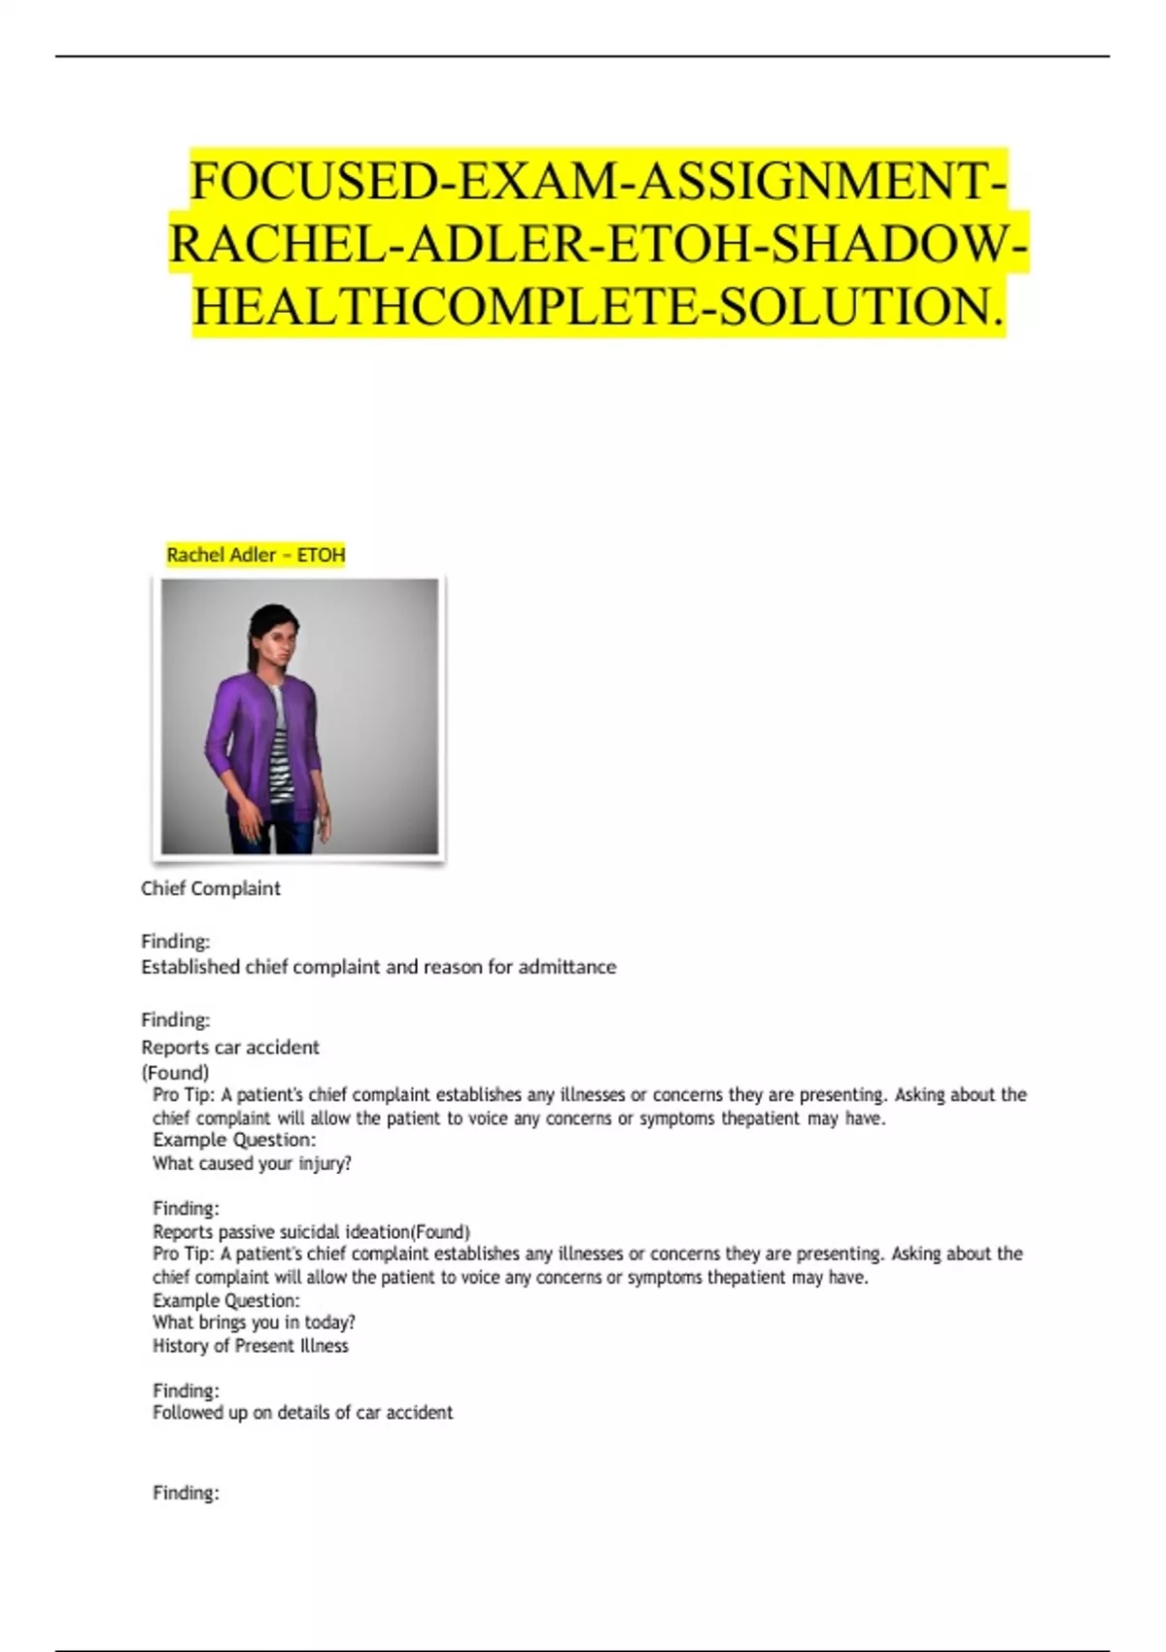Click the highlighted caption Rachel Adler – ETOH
pyautogui.click(x=256, y=555)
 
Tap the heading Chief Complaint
pyautogui.click(x=210, y=888)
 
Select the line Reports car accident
pyautogui.click(x=229, y=1047)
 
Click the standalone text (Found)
pyautogui.click(x=175, y=1072)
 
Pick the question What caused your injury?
pyautogui.click(x=252, y=1163)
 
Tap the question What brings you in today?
pyautogui.click(x=254, y=1322)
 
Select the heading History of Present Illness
pyautogui.click(x=250, y=1346)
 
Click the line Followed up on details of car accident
pyautogui.click(x=302, y=1412)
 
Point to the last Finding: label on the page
pyautogui.click(x=186, y=1493)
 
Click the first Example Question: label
pyautogui.click(x=234, y=1139)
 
